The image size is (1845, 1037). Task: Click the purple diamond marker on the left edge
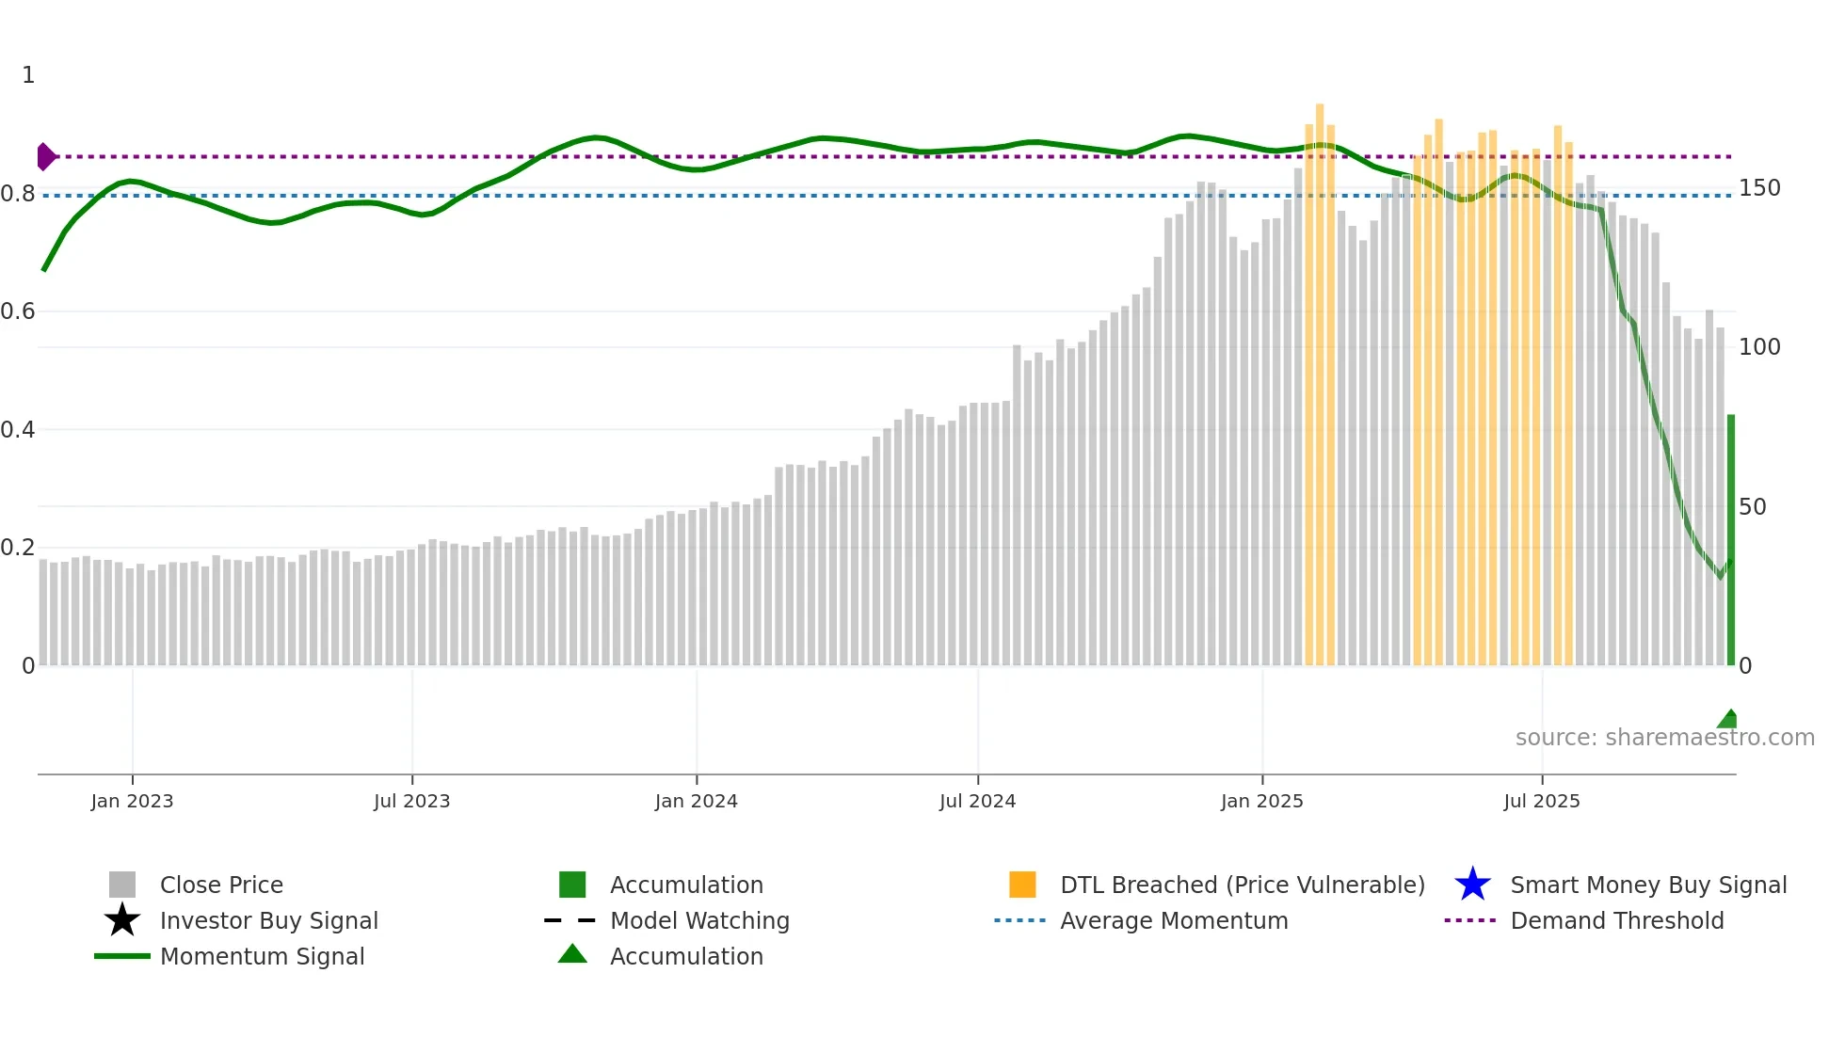(x=45, y=156)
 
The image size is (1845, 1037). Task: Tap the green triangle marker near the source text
(x=1728, y=720)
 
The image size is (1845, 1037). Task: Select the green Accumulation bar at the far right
(x=1730, y=541)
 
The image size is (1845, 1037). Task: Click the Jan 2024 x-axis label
(x=696, y=801)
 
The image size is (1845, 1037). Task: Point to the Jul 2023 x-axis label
(x=411, y=801)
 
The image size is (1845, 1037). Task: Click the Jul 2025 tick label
(x=1541, y=801)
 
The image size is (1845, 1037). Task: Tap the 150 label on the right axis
(x=1758, y=188)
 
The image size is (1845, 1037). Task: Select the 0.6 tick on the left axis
(x=18, y=311)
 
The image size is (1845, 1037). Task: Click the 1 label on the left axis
(x=28, y=75)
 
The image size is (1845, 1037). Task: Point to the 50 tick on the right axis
(x=1752, y=507)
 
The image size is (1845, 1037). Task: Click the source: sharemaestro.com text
(x=1664, y=738)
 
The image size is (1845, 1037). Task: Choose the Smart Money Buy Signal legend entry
(x=1647, y=885)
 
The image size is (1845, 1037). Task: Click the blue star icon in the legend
(x=1472, y=885)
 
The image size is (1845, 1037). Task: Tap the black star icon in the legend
(x=122, y=920)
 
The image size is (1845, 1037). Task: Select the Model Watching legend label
(x=699, y=920)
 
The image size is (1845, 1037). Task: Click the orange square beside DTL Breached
(x=1022, y=885)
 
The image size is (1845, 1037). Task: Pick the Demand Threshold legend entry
(x=1616, y=920)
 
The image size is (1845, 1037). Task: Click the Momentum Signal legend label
(x=262, y=956)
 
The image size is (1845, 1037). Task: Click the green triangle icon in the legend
(x=572, y=954)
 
